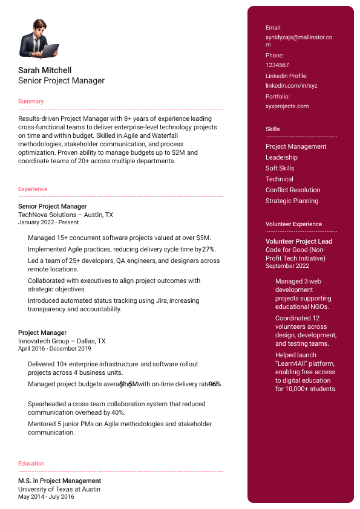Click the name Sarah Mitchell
pyautogui.click(x=45, y=70)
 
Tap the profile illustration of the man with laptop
pyautogui.click(x=39, y=38)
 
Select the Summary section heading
pyautogui.click(x=31, y=102)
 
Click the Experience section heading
pyautogui.click(x=33, y=189)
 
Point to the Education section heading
pyautogui.click(x=31, y=464)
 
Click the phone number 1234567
pyautogui.click(x=277, y=65)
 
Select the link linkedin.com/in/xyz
pyautogui.click(x=291, y=86)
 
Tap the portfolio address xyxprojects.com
pyautogui.click(x=287, y=106)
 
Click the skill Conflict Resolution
pyautogui.click(x=293, y=190)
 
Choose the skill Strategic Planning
pyautogui.click(x=292, y=201)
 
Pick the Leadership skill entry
pyautogui.click(x=281, y=158)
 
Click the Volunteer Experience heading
pyautogui.click(x=293, y=224)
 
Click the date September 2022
pyautogui.click(x=287, y=266)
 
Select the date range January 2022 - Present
pyautogui.click(x=48, y=222)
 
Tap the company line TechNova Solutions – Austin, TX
pyautogui.click(x=65, y=215)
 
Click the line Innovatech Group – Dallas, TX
pyautogui.click(x=62, y=341)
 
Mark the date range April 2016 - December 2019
pyautogui.click(x=54, y=349)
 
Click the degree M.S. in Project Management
pyautogui.click(x=59, y=481)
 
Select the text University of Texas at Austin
pyautogui.click(x=59, y=489)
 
